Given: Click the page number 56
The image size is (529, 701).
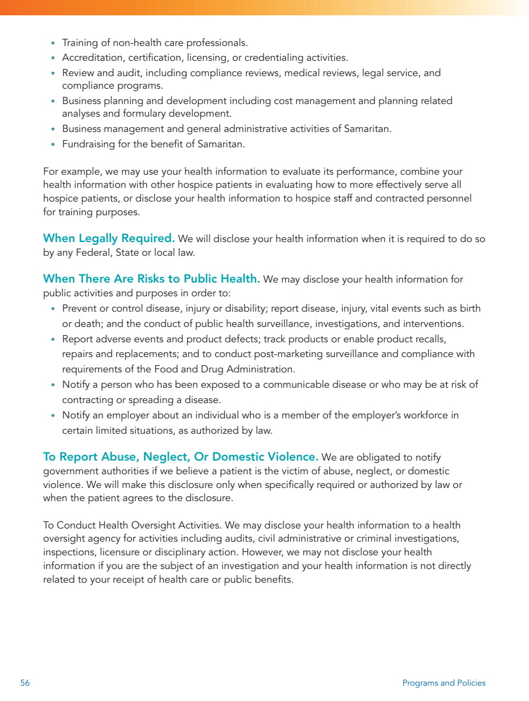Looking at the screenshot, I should point(25,683).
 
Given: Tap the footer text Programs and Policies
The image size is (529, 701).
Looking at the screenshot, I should point(443,683).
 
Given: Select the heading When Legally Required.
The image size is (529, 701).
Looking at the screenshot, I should point(109,238).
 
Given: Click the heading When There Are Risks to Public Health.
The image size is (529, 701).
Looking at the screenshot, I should point(151,279).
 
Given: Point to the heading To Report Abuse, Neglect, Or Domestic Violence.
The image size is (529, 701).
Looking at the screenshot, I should point(180,457).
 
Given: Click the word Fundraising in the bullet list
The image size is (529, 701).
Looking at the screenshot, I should point(89,144).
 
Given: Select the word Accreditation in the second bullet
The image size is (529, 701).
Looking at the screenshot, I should point(93,58).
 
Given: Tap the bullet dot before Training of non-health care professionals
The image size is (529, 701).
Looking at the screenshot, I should point(53,43).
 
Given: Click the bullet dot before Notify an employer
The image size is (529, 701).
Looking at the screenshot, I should point(53,416).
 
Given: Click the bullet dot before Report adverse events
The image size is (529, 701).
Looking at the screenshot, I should point(53,340).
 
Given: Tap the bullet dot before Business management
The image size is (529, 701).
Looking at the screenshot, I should point(53,129).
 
